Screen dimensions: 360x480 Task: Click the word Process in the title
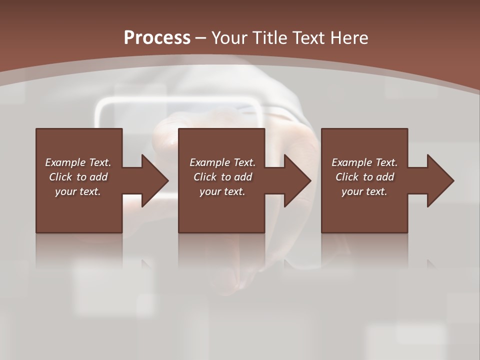tap(157, 37)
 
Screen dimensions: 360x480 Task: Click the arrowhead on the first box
tap(153, 180)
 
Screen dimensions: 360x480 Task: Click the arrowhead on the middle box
tap(296, 180)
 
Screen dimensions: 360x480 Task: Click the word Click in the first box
tap(60, 177)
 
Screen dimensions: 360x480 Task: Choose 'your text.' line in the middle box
tap(222, 191)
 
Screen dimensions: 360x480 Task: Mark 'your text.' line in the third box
tap(364, 191)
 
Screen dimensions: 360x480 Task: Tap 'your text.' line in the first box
tap(77, 191)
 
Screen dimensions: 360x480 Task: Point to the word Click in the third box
tap(347, 177)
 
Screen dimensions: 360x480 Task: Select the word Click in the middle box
tap(205, 177)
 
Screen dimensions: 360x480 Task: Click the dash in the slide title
tap(201, 38)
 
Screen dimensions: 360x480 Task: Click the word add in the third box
tap(385, 177)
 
